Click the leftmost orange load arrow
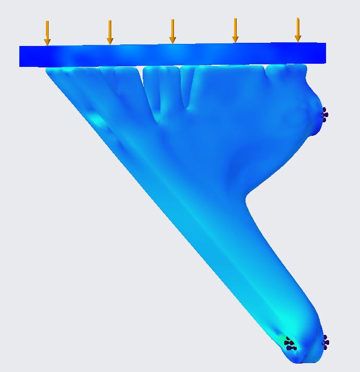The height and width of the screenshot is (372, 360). (47, 33)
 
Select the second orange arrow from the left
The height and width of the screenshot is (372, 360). (110, 32)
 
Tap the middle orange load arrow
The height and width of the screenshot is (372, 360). (172, 31)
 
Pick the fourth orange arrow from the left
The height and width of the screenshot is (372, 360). (235, 30)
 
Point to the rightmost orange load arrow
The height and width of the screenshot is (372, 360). (298, 30)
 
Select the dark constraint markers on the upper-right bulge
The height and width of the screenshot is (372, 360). (324, 114)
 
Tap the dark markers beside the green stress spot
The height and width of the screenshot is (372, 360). (291, 344)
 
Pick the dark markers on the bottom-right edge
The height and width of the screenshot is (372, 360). (325, 342)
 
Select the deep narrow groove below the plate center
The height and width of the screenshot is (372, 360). (187, 94)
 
